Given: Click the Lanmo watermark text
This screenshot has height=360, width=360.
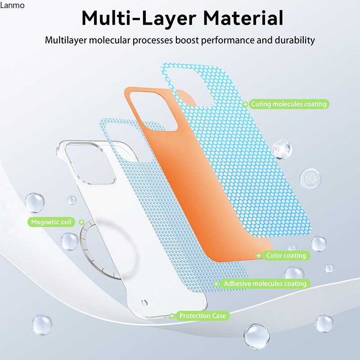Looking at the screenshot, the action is [12, 5].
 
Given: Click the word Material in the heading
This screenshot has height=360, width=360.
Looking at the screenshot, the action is [243, 18].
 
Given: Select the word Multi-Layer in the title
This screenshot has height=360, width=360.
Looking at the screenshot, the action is [139, 18].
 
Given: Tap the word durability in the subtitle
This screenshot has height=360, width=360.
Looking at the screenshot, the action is [295, 40].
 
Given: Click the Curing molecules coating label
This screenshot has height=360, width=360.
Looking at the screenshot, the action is [289, 104].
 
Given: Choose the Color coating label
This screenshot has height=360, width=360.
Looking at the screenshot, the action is [286, 256].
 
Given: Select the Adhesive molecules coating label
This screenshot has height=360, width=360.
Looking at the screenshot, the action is [265, 284].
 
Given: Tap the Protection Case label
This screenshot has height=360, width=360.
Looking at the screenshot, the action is [202, 316].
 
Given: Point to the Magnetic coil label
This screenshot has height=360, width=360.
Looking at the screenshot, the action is [51, 222].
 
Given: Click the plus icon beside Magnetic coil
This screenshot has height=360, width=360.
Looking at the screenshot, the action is [81, 222].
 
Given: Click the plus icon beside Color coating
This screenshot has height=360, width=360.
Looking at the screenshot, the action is [259, 256].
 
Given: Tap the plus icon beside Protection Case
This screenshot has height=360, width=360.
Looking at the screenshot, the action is [172, 316].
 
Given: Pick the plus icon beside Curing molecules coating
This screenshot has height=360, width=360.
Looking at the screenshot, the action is [245, 104].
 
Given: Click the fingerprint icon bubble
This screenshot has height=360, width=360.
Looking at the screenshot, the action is [310, 179].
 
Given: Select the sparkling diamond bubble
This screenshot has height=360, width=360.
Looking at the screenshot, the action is [282, 149].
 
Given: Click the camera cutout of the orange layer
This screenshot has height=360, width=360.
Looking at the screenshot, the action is [153, 111].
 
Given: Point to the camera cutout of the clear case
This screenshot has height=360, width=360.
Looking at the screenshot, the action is [90, 163].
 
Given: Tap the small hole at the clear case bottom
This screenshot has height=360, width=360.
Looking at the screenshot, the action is [144, 302].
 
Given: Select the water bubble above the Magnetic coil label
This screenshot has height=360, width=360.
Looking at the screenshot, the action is [35, 202].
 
